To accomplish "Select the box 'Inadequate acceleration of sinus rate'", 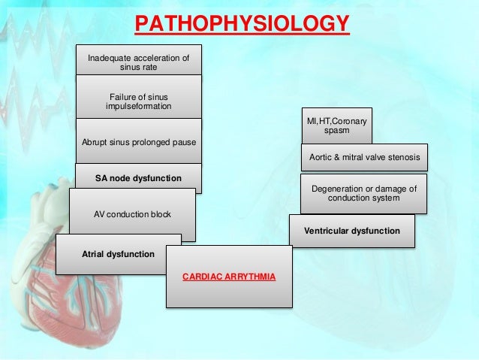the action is click(138, 62).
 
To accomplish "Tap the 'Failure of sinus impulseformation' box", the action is click(138, 101).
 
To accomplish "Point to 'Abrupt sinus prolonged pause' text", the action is click(137, 141).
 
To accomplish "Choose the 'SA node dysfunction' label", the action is click(138, 178).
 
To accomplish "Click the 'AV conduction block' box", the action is click(132, 214).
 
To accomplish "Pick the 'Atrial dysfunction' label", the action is click(118, 254).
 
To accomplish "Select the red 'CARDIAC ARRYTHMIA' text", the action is click(228, 277).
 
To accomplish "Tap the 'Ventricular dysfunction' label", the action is click(351, 231).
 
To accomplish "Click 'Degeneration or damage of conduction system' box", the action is click(363, 193).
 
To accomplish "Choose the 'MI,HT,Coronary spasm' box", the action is click(336, 126).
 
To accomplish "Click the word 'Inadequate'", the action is click(109, 58).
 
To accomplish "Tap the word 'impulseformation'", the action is click(138, 106).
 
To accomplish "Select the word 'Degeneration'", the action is click(336, 188).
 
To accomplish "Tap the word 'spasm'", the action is click(336, 131).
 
